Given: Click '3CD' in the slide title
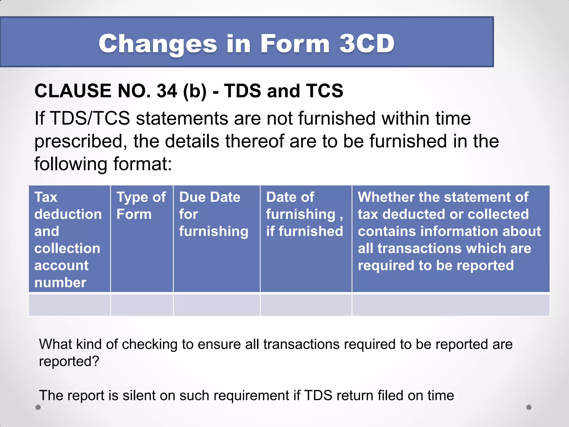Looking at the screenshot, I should pos(367,44).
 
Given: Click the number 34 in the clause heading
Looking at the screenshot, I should pos(167,91).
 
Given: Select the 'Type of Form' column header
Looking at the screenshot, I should pos(141,206).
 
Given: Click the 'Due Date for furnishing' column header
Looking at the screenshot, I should pos(213,214).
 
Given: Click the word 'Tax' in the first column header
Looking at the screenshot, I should pos(46,197).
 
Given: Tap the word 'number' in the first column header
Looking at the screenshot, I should pos(60,283).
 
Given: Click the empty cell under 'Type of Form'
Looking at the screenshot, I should pos(142,305).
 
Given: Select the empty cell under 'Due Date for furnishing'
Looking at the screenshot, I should pos(216,305).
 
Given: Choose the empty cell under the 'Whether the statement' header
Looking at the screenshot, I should pos(451,305).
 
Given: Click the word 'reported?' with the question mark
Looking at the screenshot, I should pos(69,362).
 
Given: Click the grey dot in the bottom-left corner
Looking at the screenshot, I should pos(38,407).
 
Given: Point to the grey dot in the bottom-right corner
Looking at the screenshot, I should pos(529,407).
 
